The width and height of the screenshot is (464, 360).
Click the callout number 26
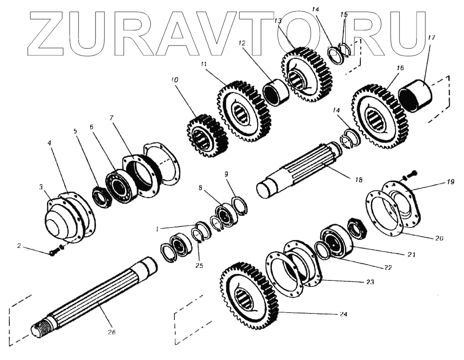(x=111, y=332)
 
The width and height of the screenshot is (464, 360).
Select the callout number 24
(x=343, y=314)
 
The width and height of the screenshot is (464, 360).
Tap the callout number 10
(x=174, y=80)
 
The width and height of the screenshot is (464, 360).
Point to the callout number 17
(x=432, y=38)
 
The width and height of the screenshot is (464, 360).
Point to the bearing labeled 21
(x=333, y=240)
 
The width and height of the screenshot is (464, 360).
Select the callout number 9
(x=226, y=175)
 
